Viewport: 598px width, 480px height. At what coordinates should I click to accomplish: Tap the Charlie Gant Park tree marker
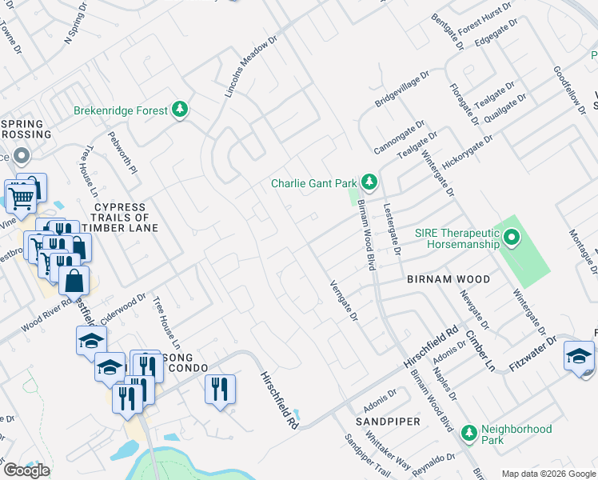click(x=369, y=182)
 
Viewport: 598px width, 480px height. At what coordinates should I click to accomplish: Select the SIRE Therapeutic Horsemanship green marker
click(x=512, y=238)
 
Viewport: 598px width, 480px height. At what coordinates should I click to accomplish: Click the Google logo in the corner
click(x=26, y=470)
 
